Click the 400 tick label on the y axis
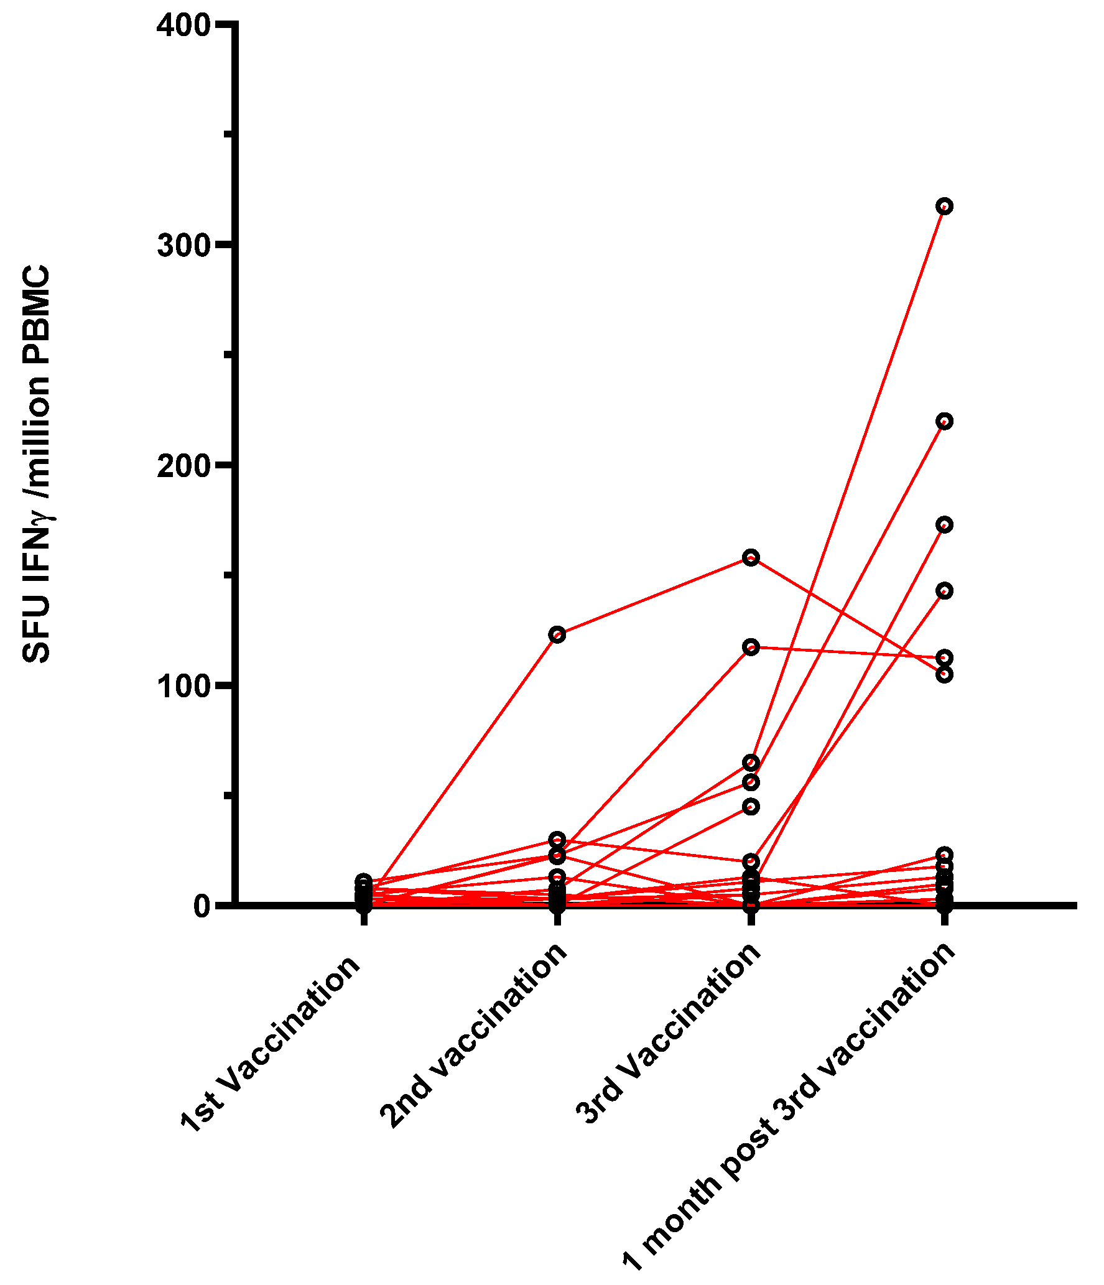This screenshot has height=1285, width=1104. pyautogui.click(x=185, y=26)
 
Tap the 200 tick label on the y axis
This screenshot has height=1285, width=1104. pyautogui.click(x=185, y=466)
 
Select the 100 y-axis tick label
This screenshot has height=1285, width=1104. pyautogui.click(x=185, y=687)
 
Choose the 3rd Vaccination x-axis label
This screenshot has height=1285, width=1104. pyautogui.click(x=669, y=1033)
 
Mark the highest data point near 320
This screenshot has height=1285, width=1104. pyautogui.click(x=944, y=206)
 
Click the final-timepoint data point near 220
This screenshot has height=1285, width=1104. pyautogui.click(x=944, y=422)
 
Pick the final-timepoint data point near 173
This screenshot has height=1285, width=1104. pyautogui.click(x=944, y=525)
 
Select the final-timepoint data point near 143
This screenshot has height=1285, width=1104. pyautogui.click(x=944, y=590)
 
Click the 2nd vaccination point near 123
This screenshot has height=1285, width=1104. pyautogui.click(x=557, y=635)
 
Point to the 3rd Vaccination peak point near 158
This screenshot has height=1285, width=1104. pyautogui.click(x=751, y=557)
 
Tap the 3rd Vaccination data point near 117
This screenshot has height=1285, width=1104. pyautogui.click(x=751, y=647)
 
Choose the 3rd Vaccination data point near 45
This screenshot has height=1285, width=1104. pyautogui.click(x=751, y=807)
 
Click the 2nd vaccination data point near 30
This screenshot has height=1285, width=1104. pyautogui.click(x=557, y=840)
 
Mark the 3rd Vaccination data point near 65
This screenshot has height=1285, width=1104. pyautogui.click(x=751, y=763)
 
